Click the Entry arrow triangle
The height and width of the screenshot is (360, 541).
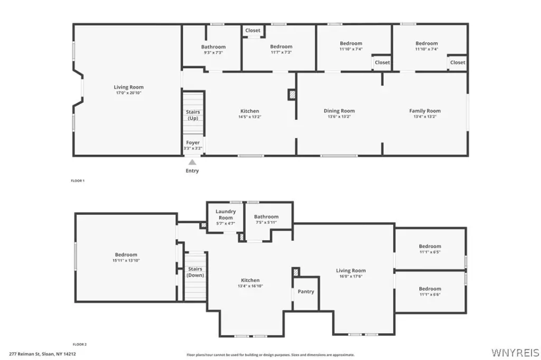point(192,162)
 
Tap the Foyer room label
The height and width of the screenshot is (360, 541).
point(193,143)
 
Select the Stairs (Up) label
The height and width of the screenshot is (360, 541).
point(193,115)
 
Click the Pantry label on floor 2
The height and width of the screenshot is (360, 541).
point(306,291)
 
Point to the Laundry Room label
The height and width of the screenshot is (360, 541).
point(226,214)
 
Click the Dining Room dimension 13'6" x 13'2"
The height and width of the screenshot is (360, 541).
point(339,117)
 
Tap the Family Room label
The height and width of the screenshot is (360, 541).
point(425,111)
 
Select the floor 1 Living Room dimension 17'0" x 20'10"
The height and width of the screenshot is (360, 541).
point(129,93)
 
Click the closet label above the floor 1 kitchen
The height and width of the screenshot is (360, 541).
point(253,30)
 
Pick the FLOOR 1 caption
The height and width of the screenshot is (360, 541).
point(78,181)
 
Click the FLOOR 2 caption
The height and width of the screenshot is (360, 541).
point(80,344)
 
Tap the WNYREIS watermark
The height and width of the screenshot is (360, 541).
point(515,353)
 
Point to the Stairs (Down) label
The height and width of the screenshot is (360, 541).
point(195,272)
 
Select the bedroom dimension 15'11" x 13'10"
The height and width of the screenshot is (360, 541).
point(126,260)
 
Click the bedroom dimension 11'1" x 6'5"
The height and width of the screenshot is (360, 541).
point(430,252)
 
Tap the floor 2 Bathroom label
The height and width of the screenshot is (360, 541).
point(266,216)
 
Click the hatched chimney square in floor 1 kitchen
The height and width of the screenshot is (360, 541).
point(292,95)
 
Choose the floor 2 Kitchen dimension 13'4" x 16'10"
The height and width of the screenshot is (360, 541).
point(250,286)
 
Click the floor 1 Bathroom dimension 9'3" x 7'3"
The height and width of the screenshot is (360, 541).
point(213,52)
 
